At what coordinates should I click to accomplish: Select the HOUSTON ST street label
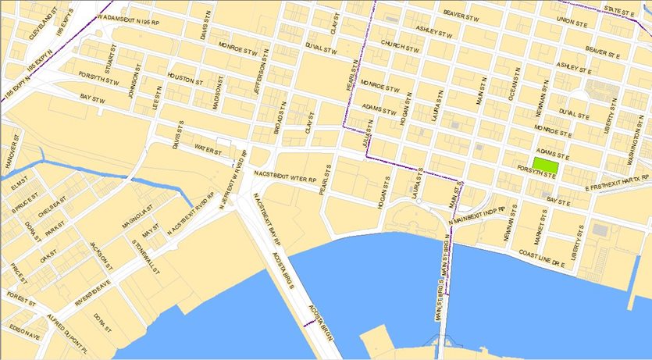click(x=184, y=80)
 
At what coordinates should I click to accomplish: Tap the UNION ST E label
click(x=571, y=21)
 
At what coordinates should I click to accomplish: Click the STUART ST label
click(x=110, y=62)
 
